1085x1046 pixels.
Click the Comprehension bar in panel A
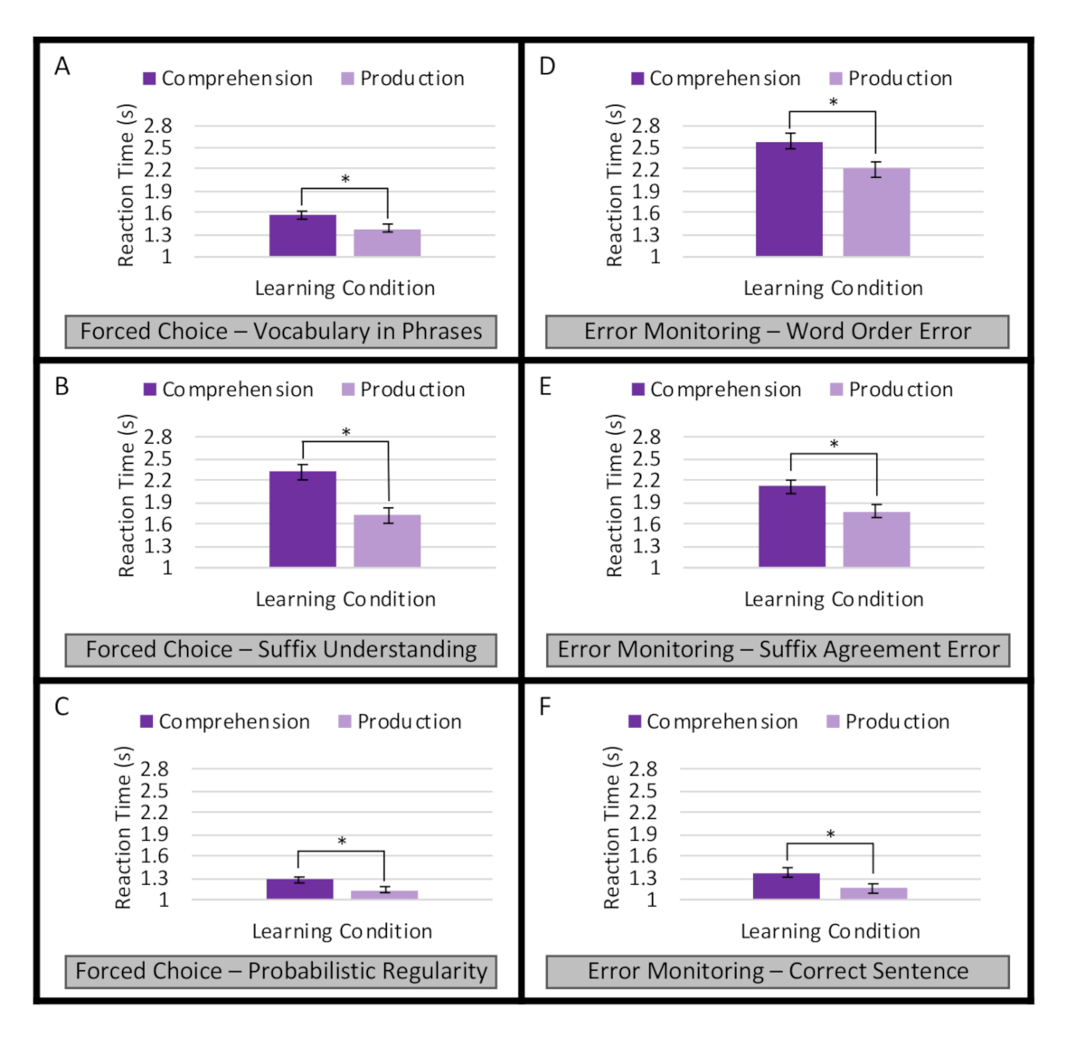[x=302, y=236]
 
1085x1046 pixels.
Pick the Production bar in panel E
[x=876, y=540]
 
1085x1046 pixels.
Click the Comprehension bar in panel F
[x=786, y=886]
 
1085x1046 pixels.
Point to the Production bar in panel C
[x=384, y=894]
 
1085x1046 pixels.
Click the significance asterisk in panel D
[x=833, y=102]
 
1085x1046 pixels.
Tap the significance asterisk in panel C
[x=342, y=842]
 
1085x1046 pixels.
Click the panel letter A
[x=61, y=67]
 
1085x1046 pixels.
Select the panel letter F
[x=544, y=706]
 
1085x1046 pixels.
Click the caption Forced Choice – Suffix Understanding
[x=281, y=649]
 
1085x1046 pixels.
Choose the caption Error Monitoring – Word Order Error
[x=777, y=331]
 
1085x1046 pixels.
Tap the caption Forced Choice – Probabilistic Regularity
[x=281, y=971]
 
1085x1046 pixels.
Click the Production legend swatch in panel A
[x=347, y=79]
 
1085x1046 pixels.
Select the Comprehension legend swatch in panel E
[x=637, y=390]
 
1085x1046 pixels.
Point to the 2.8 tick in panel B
[x=157, y=437]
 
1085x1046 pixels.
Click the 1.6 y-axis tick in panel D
[x=646, y=213]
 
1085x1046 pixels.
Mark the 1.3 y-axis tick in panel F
[x=643, y=878]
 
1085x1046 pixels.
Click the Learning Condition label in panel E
[x=833, y=599]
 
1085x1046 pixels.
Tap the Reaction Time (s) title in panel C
[x=124, y=827]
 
